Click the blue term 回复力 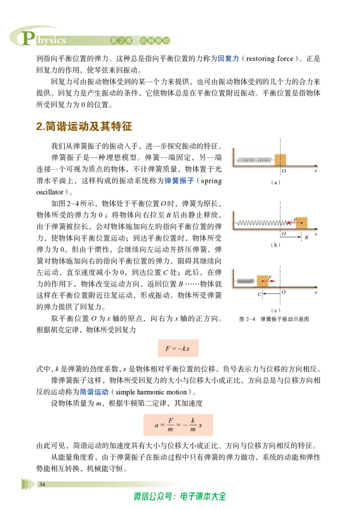click(228, 58)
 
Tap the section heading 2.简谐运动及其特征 click(84, 126)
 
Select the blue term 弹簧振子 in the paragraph click(179, 181)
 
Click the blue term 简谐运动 click(94, 392)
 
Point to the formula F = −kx click(178, 348)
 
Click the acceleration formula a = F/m click(178, 424)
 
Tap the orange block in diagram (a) click(280, 160)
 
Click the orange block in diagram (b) click(301, 223)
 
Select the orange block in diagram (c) click(262, 281)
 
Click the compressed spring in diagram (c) click(246, 281)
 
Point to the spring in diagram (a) click(255, 160)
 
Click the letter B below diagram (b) click(306, 237)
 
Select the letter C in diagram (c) click(259, 295)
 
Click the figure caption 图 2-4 click(247, 319)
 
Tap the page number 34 click(42, 484)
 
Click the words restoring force click(270, 59)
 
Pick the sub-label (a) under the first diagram click(275, 183)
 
